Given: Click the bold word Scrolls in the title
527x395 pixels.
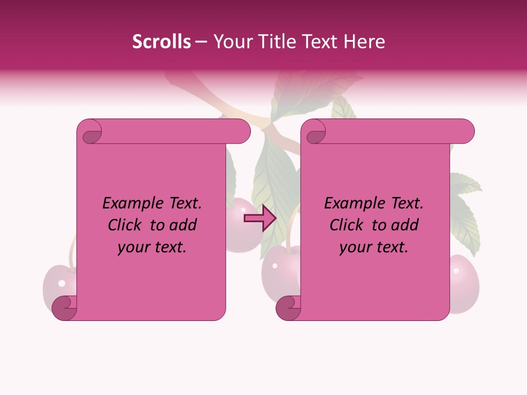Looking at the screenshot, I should click(x=161, y=42).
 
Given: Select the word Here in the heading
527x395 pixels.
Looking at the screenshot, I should click(x=365, y=42).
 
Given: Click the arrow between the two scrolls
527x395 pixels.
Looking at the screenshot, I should click(x=260, y=218).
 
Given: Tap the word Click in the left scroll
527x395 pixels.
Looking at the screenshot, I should click(x=127, y=225).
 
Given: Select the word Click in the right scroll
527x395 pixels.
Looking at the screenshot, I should click(x=349, y=225).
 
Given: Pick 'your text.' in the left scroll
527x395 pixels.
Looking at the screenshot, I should click(x=152, y=247).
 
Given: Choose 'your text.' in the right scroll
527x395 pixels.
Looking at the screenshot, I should click(x=374, y=247).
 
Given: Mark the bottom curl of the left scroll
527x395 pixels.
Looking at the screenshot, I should click(x=64, y=308).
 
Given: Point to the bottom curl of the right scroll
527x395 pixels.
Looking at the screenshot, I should click(x=288, y=308).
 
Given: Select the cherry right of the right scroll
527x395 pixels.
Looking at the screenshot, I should click(x=464, y=283).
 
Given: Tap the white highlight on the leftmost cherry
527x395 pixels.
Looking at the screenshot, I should click(x=61, y=284).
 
